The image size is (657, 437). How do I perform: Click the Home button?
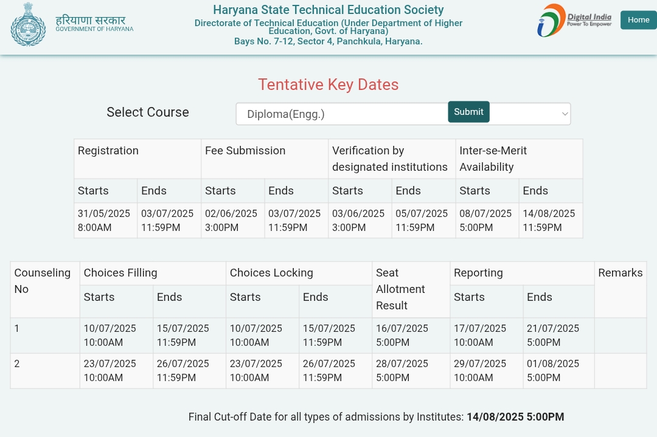pyautogui.click(x=638, y=20)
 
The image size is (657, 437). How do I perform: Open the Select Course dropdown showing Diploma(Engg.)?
pyautogui.click(x=341, y=114)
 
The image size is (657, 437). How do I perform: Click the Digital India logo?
pyautogui.click(x=574, y=20)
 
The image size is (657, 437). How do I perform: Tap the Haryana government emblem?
pyautogui.click(x=28, y=24)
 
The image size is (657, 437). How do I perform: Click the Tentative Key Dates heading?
pyautogui.click(x=328, y=84)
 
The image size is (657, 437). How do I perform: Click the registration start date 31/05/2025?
pyautogui.click(x=104, y=220)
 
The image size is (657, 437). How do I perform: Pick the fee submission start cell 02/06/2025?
pyautogui.click(x=231, y=220)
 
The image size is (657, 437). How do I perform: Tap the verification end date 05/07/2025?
pyautogui.click(x=422, y=220)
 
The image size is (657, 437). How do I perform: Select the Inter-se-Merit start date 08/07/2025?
pyautogui.click(x=485, y=220)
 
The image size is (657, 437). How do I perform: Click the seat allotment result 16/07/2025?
pyautogui.click(x=402, y=335)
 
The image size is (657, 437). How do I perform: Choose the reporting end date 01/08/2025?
pyautogui.click(x=553, y=370)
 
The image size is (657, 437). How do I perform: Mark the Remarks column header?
pyautogui.click(x=620, y=273)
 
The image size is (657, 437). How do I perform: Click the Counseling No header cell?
pyautogui.click(x=43, y=281)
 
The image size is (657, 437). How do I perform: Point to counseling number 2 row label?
pyautogui.click(x=17, y=363)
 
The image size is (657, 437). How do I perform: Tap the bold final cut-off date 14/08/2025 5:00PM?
pyautogui.click(x=515, y=417)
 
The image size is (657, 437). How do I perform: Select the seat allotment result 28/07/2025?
pyautogui.click(x=402, y=370)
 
